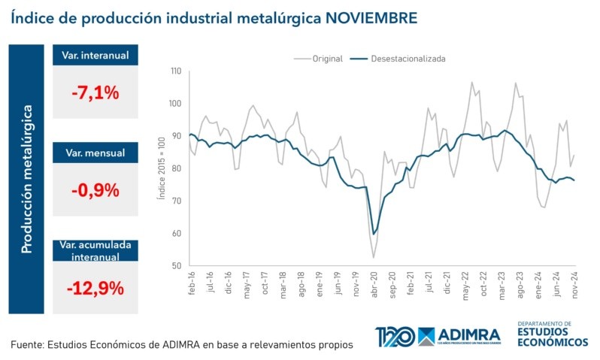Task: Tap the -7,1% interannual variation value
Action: [x=95, y=93]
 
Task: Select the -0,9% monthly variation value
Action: [x=95, y=190]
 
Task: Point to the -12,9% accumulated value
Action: [x=95, y=287]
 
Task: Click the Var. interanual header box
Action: [x=95, y=56]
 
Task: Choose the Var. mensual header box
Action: [x=95, y=153]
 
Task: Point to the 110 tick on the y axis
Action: [x=176, y=71]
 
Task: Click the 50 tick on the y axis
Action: [x=177, y=266]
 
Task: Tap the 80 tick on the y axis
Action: [x=177, y=168]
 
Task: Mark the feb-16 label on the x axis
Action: [x=192, y=283]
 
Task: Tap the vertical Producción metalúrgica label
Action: [x=27, y=178]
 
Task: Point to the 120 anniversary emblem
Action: [x=394, y=336]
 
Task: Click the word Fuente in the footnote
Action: [x=26, y=344]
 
